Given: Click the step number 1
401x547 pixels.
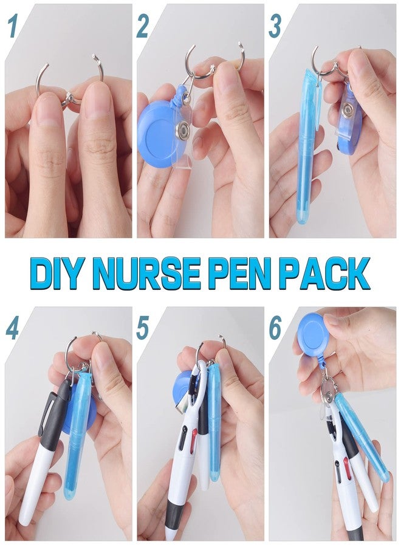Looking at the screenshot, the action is [x=13, y=27].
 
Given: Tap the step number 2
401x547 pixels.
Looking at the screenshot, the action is [x=143, y=27].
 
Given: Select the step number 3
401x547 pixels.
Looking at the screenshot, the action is [x=275, y=27].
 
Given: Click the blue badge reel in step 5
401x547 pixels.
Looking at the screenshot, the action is [x=182, y=388].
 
